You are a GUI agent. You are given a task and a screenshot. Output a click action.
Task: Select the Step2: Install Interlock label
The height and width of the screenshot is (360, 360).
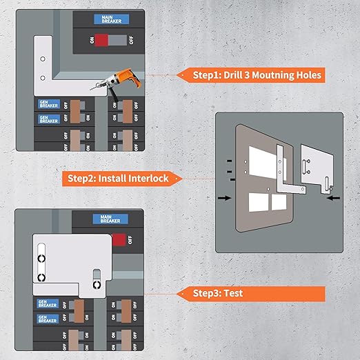pos(117,179)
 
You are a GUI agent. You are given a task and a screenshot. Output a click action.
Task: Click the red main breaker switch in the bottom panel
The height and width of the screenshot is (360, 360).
pos(121,240)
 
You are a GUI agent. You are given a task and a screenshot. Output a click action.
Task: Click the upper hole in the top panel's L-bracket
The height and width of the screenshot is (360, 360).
pos(42,60)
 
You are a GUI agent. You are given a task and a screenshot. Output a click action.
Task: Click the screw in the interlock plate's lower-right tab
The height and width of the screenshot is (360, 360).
pos(97,283)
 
